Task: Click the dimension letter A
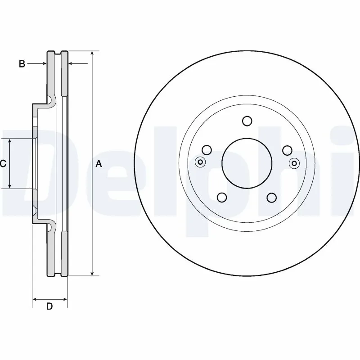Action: pos(99,164)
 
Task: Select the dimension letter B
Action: pos(22,64)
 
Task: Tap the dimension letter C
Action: pos(3,164)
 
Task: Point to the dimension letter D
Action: pos(49,307)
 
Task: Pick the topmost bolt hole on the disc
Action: pos(247,121)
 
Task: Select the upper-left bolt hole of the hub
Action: pos(207,150)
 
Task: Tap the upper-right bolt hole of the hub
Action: pos(287,150)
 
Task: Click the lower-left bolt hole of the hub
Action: pos(222,197)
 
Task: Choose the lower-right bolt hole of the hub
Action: pos(271,197)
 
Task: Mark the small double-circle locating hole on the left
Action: pos(200,162)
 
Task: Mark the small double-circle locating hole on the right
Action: pos(294,162)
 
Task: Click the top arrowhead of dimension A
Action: pos(92,54)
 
